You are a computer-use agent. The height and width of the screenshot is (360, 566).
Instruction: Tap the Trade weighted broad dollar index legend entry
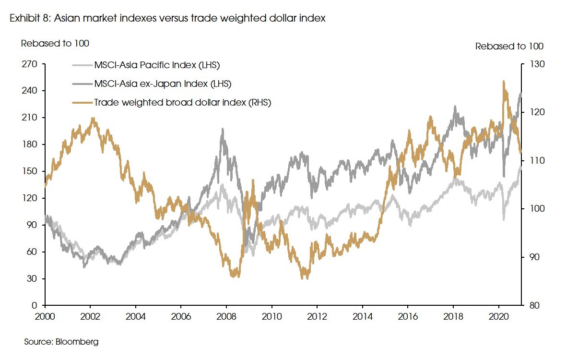[x=183, y=102]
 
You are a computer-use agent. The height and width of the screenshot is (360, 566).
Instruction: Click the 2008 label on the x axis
[x=226, y=317]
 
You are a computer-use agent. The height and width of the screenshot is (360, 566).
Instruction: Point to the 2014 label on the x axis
[x=363, y=317]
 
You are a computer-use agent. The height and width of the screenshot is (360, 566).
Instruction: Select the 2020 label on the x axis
[x=499, y=317]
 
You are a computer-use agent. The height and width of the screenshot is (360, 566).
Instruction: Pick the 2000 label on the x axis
[x=45, y=317]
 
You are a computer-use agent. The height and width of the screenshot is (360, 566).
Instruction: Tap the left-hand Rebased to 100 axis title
[x=55, y=43]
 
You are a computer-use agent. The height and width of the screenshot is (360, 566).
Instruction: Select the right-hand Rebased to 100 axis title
[x=509, y=47]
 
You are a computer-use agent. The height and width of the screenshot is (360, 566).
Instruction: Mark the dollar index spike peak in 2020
[x=503, y=82]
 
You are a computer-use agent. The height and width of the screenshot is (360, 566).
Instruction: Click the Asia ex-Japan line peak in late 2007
[x=222, y=129]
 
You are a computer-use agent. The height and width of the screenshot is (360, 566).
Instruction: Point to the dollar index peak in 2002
[x=93, y=118]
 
